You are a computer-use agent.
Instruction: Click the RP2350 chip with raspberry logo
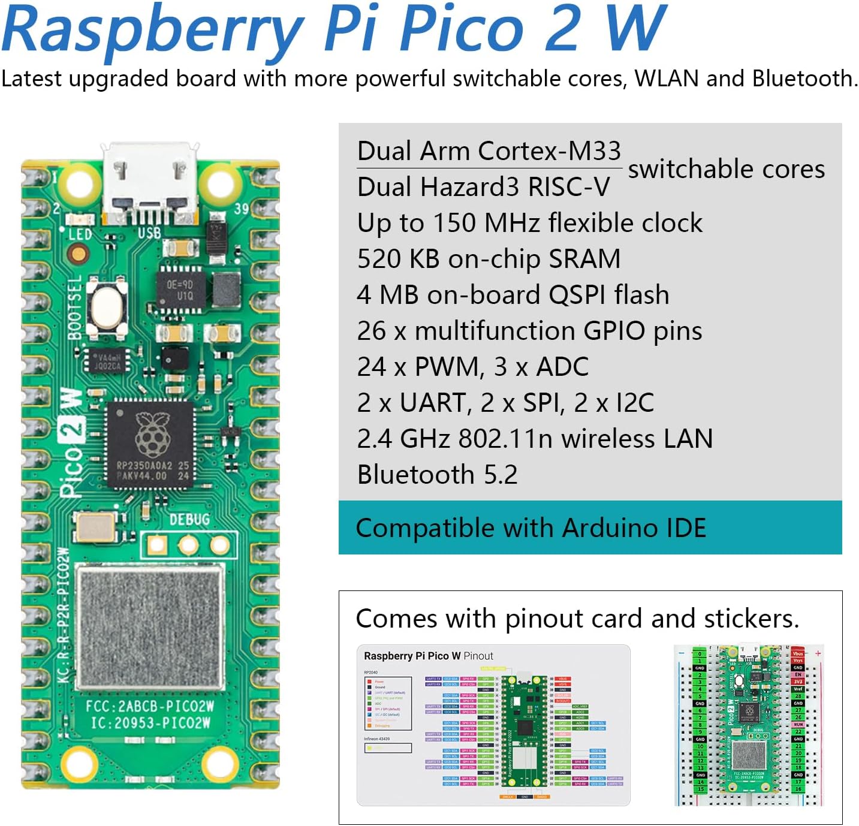151,444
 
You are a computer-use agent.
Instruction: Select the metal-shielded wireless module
150,626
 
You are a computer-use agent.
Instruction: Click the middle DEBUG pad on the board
188,545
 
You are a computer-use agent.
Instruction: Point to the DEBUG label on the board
189,519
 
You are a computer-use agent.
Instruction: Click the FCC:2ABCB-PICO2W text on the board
150,706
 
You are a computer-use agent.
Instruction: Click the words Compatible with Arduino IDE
531,528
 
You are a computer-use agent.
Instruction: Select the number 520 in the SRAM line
378,259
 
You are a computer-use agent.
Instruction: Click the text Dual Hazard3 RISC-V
483,187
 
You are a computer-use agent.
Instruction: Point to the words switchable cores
726,169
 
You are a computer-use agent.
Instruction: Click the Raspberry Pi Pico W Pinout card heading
428,656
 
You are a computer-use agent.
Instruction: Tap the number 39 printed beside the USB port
241,209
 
